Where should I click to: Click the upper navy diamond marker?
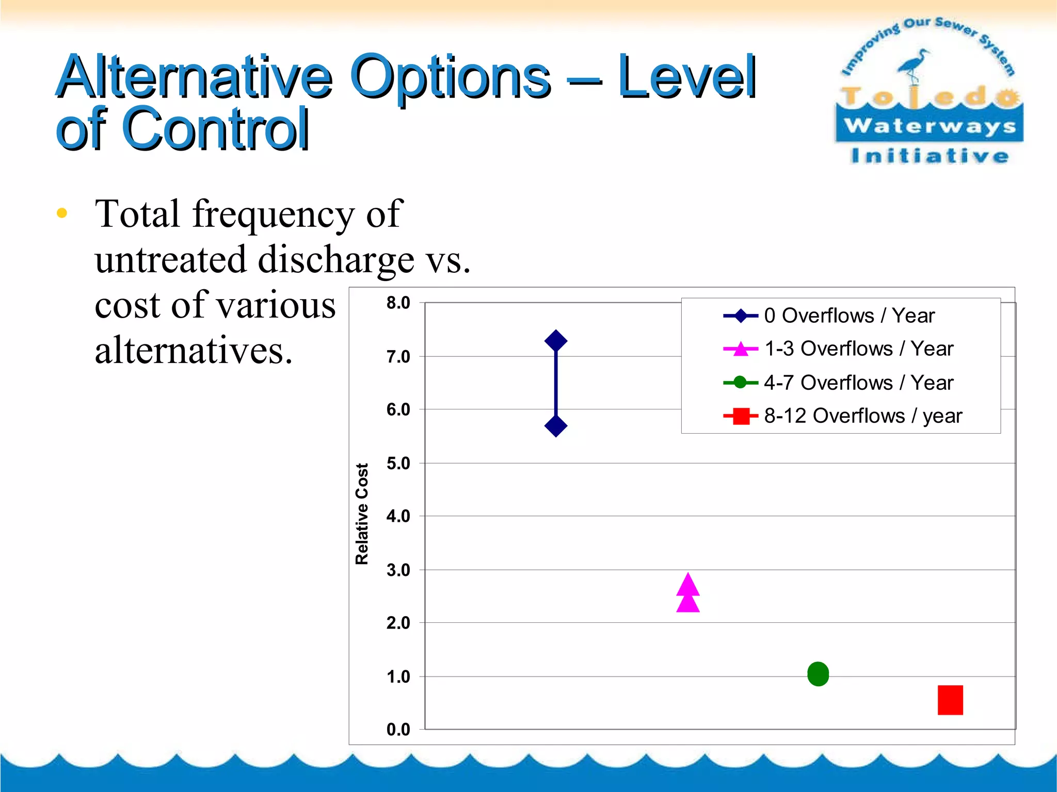[x=556, y=341]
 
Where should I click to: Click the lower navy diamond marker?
[x=556, y=426]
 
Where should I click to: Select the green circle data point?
[x=818, y=674]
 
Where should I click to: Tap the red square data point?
[x=950, y=700]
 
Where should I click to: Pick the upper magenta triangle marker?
[x=688, y=585]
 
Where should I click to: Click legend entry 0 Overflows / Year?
[x=849, y=316]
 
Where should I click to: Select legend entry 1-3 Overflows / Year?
[x=858, y=349]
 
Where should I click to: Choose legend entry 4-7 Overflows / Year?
[x=858, y=383]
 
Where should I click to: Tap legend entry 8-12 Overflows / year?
[x=863, y=416]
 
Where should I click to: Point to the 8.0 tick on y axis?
[x=398, y=303]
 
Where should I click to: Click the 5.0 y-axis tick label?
[x=398, y=464]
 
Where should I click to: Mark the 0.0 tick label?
[x=398, y=730]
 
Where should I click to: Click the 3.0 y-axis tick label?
[x=398, y=570]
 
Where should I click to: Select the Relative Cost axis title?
[x=362, y=514]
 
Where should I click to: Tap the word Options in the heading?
[x=450, y=77]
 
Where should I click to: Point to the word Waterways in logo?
[x=930, y=126]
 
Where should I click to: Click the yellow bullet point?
[x=62, y=213]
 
